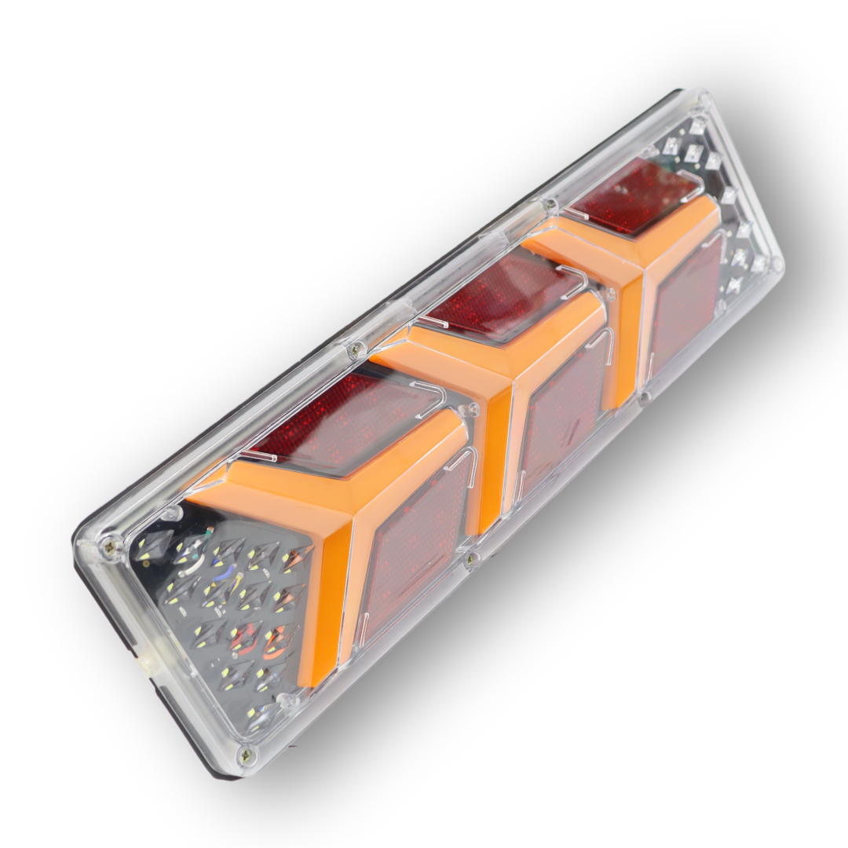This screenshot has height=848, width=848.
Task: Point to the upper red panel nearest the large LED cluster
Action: point(345,424)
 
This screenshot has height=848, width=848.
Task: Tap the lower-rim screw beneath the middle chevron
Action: point(470,560)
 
